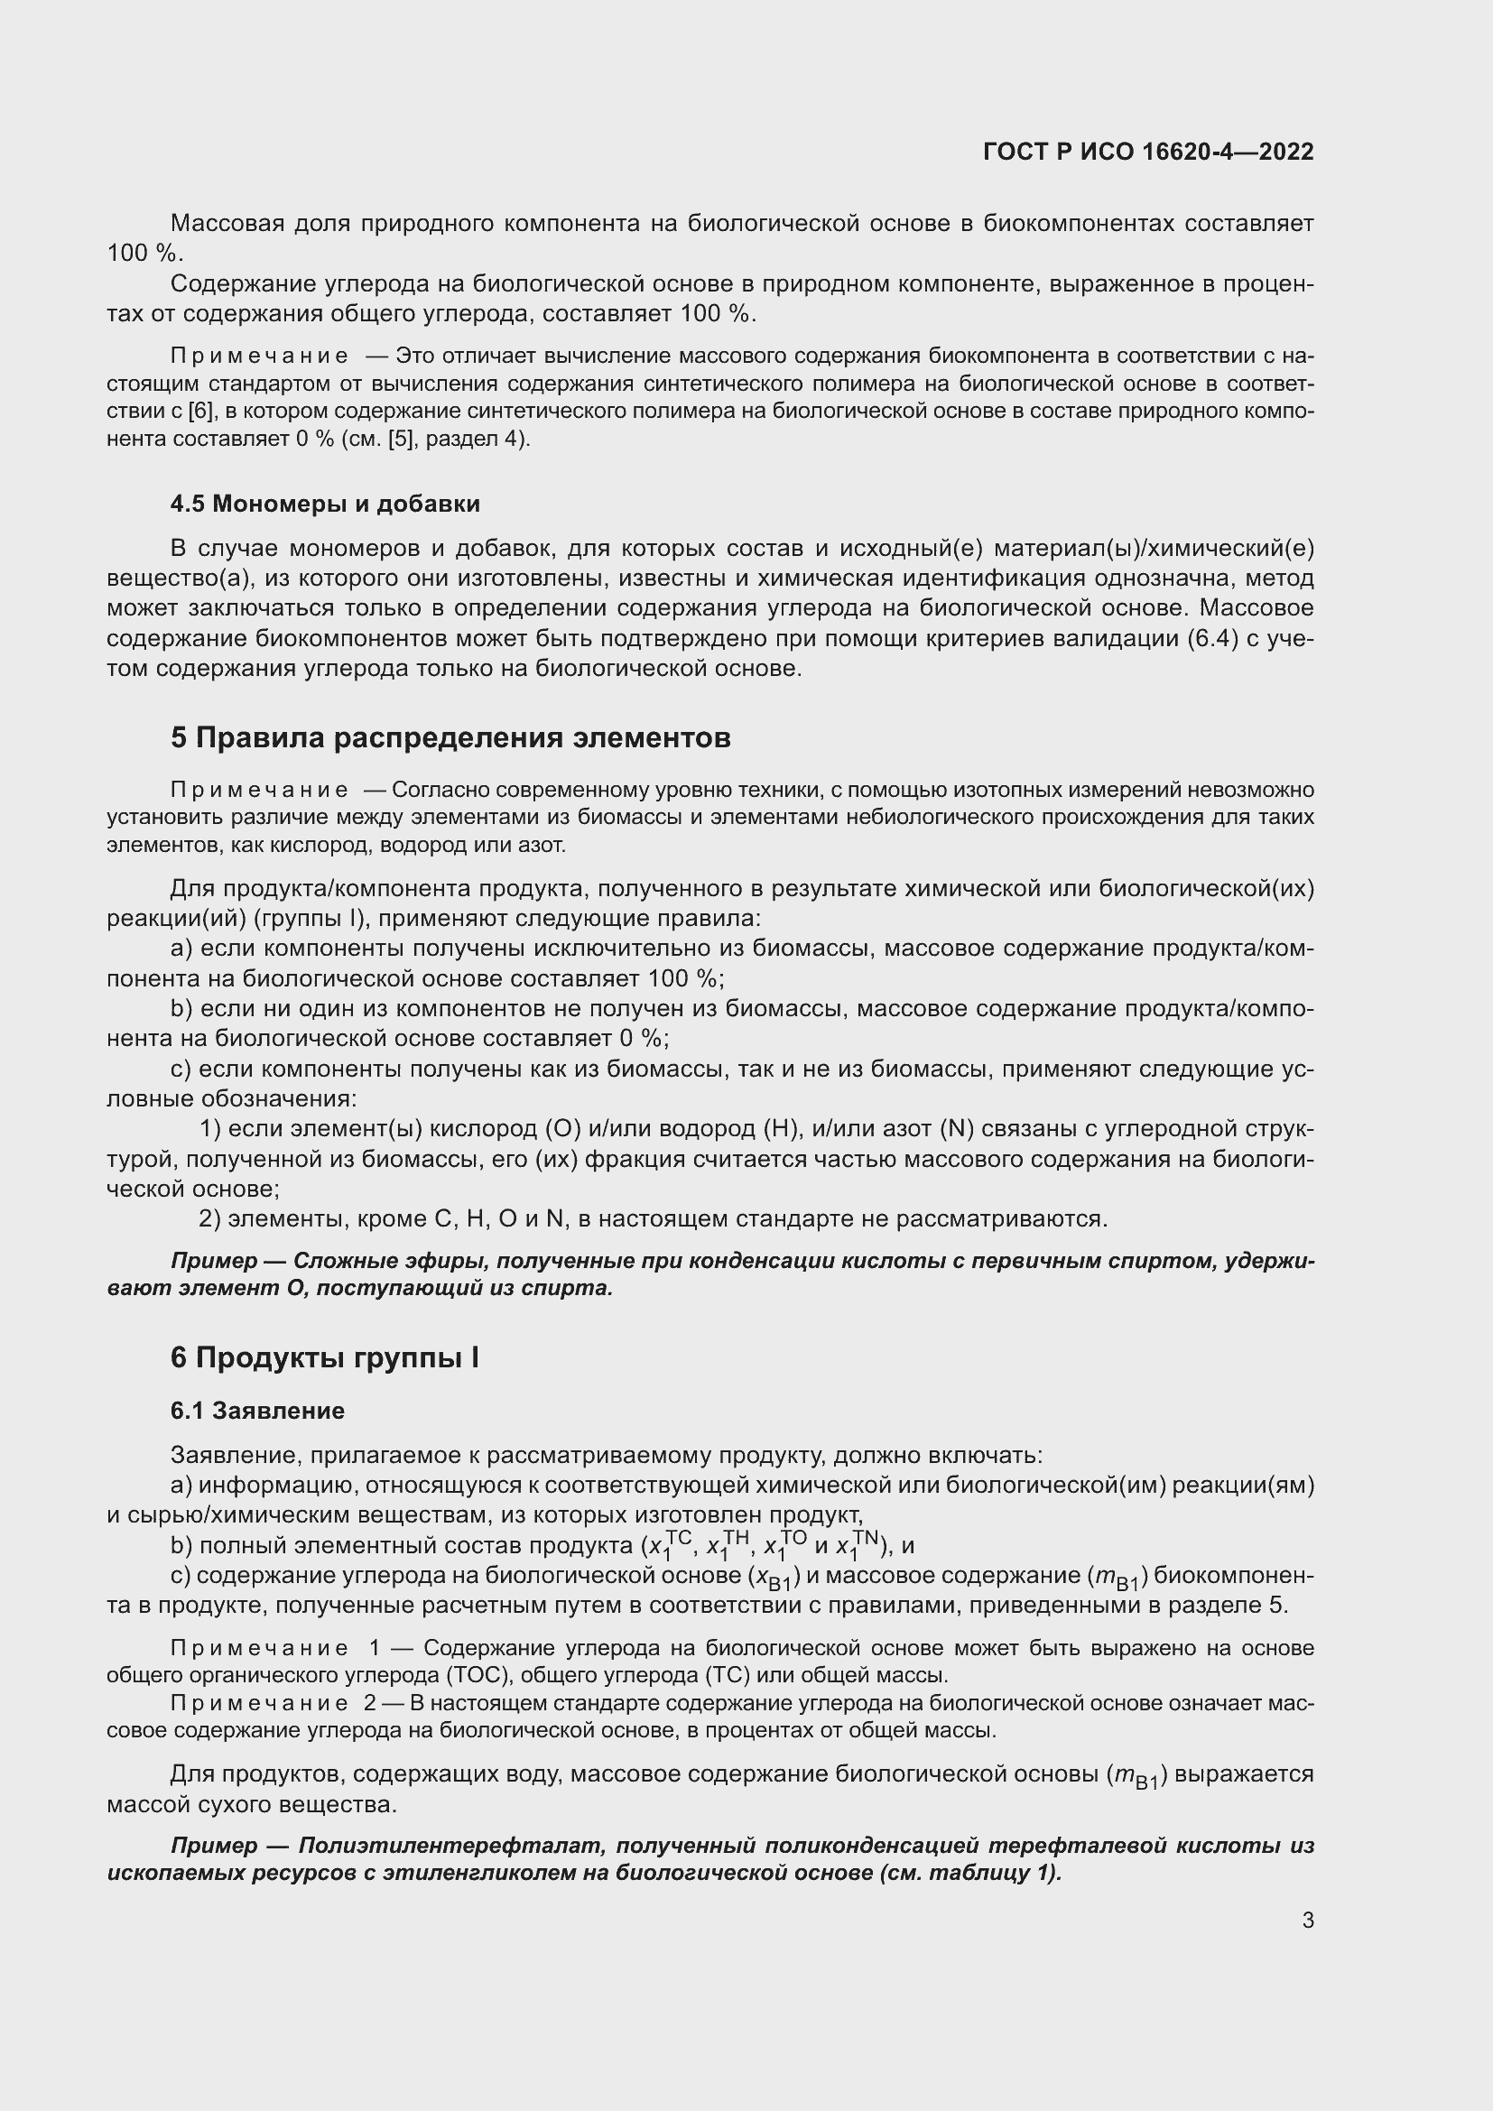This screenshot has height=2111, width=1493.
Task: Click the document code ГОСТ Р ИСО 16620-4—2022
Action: pos(1147,152)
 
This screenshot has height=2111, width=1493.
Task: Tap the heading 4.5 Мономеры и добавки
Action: pos(325,504)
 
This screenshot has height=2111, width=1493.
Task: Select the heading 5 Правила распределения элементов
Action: pos(450,737)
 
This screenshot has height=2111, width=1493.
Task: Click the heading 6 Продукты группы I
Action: pos(325,1358)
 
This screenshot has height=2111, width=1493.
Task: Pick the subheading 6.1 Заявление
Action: pos(257,1411)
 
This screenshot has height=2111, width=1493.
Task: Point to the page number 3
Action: pos(1307,1920)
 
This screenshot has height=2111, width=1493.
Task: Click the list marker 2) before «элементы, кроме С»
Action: pos(209,1219)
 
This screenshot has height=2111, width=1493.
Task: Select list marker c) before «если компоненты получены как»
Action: pos(181,1069)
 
